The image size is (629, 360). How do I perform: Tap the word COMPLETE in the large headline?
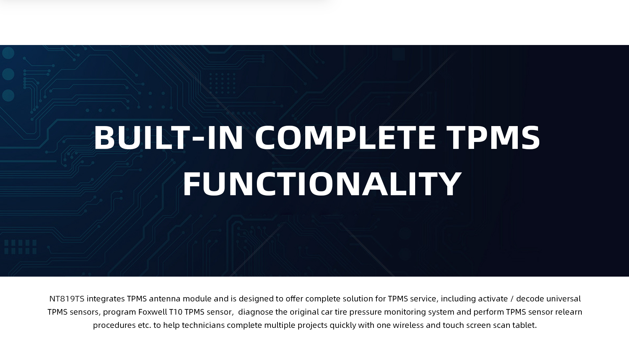(345, 137)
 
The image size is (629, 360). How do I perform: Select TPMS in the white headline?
(493, 137)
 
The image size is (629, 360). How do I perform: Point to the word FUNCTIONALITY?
(322, 184)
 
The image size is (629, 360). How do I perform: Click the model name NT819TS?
(67, 299)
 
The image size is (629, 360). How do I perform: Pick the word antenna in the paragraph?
(165, 299)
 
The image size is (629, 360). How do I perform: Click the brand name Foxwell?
(153, 312)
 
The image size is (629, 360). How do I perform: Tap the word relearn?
(568, 312)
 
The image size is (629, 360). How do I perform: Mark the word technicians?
(203, 325)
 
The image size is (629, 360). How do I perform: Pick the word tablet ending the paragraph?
(524, 325)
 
